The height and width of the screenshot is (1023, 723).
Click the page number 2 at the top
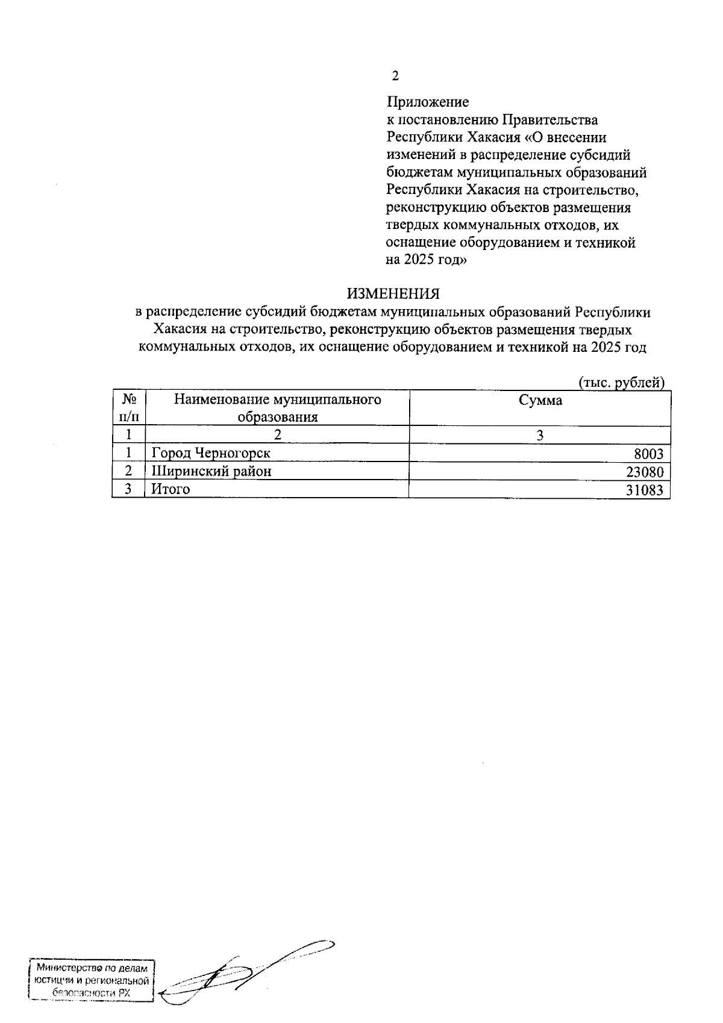395,77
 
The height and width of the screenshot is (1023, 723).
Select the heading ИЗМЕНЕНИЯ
393,294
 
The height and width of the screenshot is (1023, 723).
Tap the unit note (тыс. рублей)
621,383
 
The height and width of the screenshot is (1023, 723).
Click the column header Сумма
540,401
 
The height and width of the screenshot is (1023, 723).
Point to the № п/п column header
128,408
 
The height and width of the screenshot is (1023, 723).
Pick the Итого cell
171,489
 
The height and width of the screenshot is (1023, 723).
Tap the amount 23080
645,472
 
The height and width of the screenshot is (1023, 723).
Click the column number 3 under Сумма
540,435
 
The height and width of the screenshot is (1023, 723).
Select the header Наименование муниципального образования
277,408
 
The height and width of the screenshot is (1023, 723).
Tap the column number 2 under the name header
277,435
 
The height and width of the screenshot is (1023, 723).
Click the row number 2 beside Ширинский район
128,471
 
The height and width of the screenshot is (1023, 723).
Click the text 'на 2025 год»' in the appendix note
426,261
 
